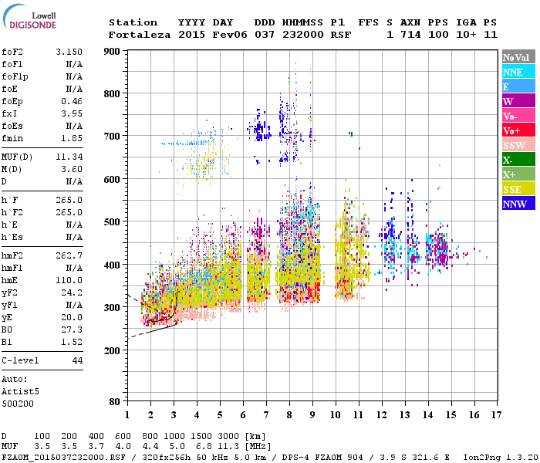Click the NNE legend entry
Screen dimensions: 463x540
coord(518,72)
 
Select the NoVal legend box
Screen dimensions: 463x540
coord(518,58)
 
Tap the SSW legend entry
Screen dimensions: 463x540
coord(518,146)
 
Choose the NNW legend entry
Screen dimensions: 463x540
coord(518,204)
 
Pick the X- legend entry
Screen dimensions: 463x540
coord(518,161)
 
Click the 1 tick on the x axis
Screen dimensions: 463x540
coord(127,415)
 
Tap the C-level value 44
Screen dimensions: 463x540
coord(76,360)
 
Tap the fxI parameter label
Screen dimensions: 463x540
coord(11,113)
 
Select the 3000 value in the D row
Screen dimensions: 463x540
coord(230,436)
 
